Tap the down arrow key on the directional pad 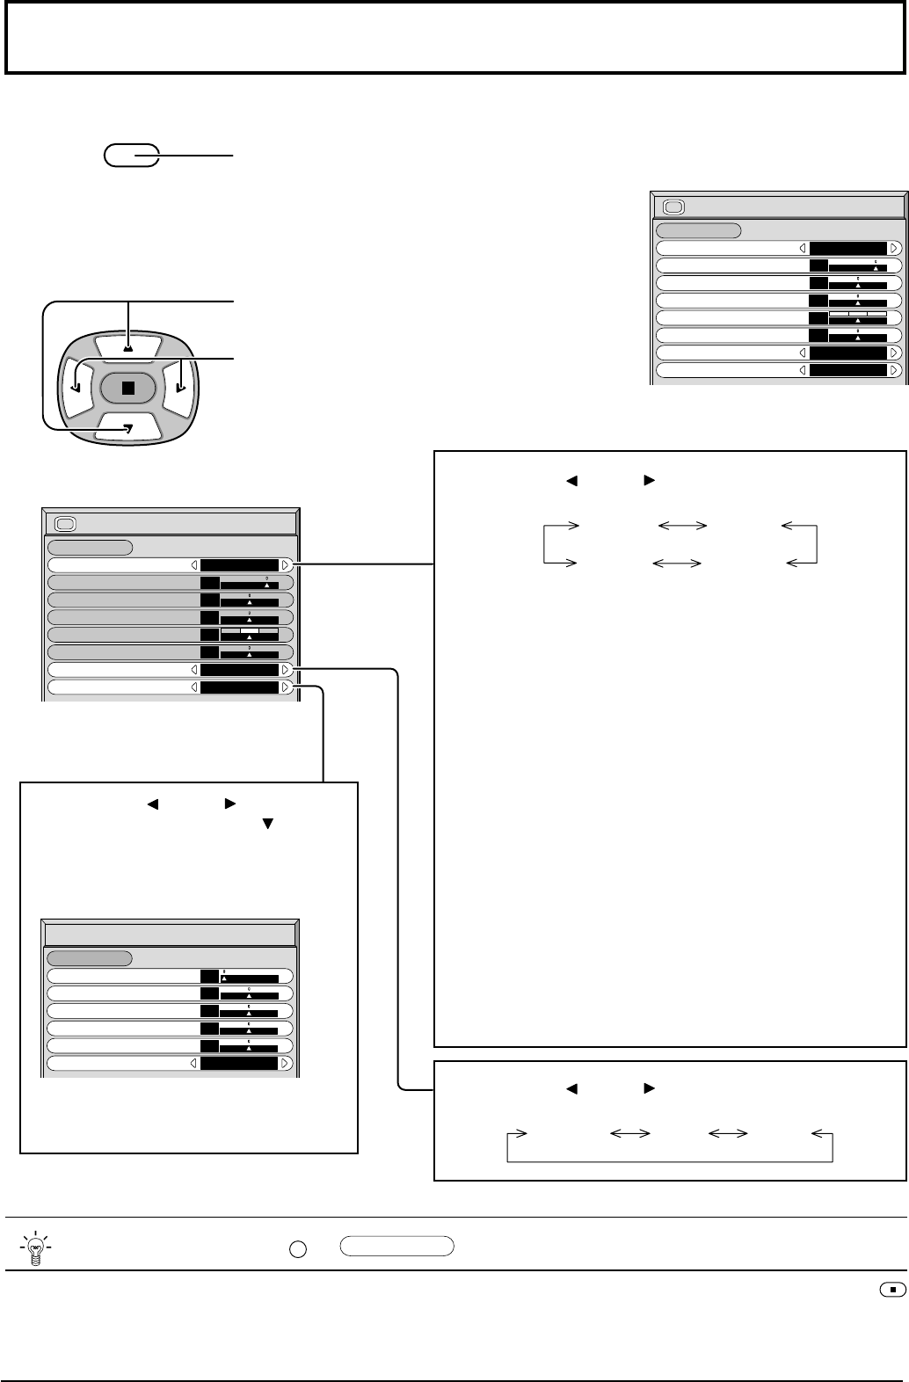click(127, 428)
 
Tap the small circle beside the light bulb click(297, 1247)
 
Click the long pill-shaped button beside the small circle click(396, 1245)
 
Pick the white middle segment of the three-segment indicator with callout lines click(250, 630)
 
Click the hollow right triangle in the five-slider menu click(285, 1063)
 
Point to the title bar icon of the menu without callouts click(673, 207)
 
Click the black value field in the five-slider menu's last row click(239, 1063)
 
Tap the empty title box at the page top click(454, 37)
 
